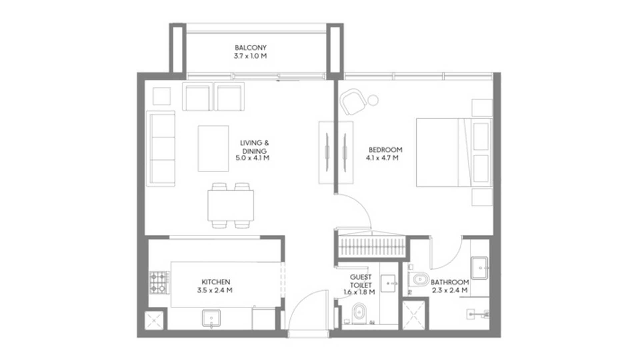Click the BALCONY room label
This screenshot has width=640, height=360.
pyautogui.click(x=250, y=48)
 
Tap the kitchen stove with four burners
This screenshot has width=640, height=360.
pyautogui.click(x=159, y=283)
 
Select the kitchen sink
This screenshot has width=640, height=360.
pyautogui.click(x=211, y=318)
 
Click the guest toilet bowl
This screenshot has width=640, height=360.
pyautogui.click(x=359, y=313)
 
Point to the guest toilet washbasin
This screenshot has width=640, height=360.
pyautogui.click(x=388, y=283)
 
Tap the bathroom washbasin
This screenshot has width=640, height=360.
pyautogui.click(x=480, y=268)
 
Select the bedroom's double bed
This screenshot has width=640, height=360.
pyautogui.click(x=454, y=152)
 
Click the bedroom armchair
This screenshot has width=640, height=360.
pyautogui.click(x=353, y=102)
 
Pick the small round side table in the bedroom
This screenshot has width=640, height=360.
pyautogui.click(x=373, y=100)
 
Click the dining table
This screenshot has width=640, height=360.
pyautogui.click(x=231, y=205)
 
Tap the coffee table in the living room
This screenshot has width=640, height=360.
pyautogui.click(x=213, y=148)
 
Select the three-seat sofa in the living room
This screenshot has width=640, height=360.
pyautogui.click(x=161, y=148)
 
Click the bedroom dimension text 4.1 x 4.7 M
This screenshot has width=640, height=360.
pyautogui.click(x=382, y=158)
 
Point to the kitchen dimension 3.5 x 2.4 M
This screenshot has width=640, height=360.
pyautogui.click(x=215, y=290)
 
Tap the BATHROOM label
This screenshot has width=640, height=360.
pyautogui.click(x=450, y=282)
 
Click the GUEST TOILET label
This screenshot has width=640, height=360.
pyautogui.click(x=361, y=281)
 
